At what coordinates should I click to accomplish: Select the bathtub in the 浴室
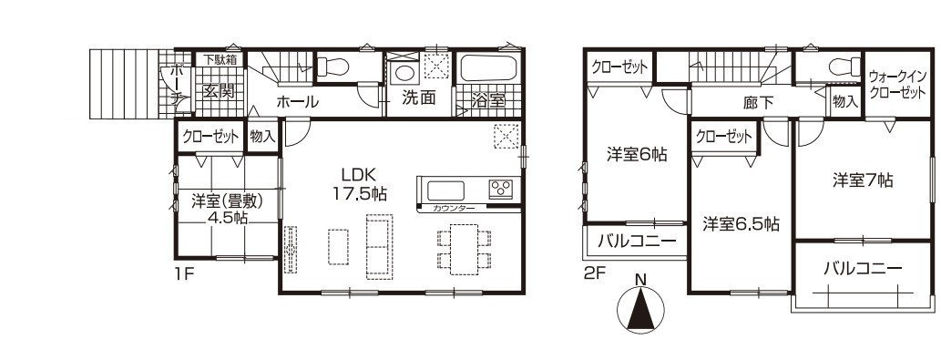487,67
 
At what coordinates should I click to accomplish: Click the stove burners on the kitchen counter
500,190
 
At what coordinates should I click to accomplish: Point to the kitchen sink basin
445,190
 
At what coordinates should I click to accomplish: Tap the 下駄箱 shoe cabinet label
219,59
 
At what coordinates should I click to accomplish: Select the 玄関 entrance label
219,92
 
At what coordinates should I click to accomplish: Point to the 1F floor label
184,275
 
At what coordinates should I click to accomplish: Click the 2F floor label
594,273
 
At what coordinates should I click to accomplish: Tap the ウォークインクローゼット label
897,85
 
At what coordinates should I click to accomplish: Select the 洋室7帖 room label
863,180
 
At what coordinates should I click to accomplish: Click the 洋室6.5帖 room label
742,224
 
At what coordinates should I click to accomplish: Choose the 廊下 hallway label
758,103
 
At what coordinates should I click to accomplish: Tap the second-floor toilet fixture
844,67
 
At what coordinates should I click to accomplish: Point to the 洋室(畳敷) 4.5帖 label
228,209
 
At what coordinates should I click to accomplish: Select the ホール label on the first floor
297,102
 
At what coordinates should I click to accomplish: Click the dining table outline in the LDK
464,249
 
